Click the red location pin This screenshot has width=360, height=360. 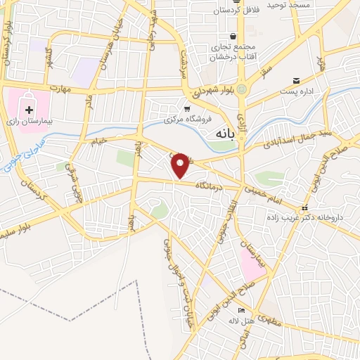click(x=181, y=165)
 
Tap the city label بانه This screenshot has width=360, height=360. click(x=222, y=132)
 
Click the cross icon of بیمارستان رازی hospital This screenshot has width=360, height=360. click(x=29, y=110)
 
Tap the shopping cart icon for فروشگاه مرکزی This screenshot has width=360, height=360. click(x=186, y=109)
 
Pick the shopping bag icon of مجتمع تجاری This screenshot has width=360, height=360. click(x=232, y=37)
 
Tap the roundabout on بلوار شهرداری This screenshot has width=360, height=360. click(x=242, y=89)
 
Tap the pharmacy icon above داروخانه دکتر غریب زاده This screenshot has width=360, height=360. click(x=304, y=207)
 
